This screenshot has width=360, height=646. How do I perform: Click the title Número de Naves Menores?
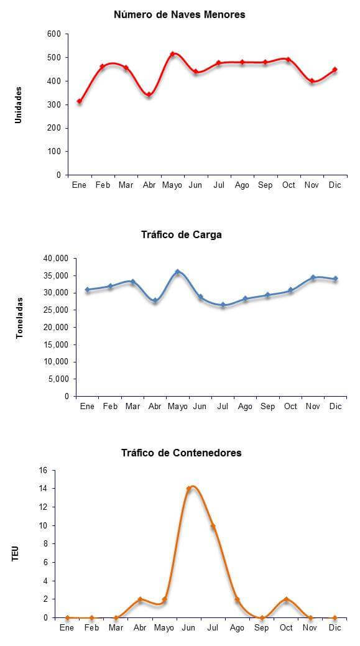pos(180,15)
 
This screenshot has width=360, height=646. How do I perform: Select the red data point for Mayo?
pos(173,54)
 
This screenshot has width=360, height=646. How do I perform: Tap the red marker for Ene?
pos(80,101)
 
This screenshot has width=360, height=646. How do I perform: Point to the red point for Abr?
pos(149,95)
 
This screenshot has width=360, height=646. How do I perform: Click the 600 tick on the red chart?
pos(55,34)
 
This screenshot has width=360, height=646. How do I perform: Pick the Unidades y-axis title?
pos(18,104)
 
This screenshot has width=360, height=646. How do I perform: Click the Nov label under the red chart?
pos(312,185)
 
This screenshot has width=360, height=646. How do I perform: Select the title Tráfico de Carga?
pos(182,235)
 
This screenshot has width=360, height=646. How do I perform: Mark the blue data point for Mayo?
pos(178,272)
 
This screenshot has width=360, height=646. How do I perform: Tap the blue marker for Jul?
pos(223,305)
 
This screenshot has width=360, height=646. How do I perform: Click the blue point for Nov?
pos(313,278)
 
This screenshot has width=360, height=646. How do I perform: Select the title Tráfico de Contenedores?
pos(182,453)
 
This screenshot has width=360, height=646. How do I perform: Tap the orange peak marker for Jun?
pos(188,489)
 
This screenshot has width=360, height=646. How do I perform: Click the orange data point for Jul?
pos(213,526)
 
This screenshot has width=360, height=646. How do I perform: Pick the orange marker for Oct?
pos(286,599)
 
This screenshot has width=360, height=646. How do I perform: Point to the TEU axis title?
pos(16,553)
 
